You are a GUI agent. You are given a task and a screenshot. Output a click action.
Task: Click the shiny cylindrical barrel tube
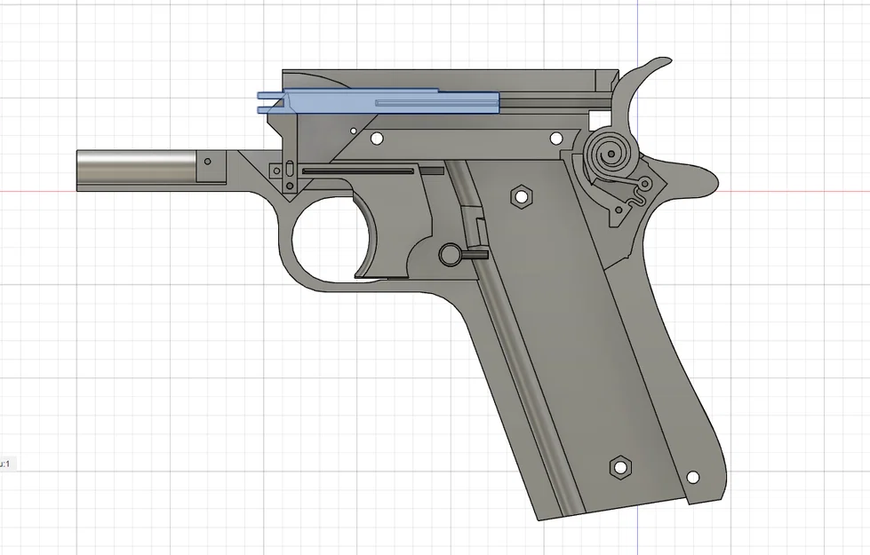pyautogui.click(x=133, y=168)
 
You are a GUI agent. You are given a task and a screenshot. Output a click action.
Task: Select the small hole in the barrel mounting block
pyautogui.click(x=208, y=162)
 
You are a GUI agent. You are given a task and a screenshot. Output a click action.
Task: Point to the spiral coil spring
pyautogui.click(x=611, y=156)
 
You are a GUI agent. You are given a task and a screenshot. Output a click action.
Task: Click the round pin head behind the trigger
pyautogui.click(x=448, y=254)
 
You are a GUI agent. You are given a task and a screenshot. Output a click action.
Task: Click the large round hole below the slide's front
pyautogui.click(x=376, y=139)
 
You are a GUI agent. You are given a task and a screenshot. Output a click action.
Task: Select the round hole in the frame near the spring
pyautogui.click(x=556, y=139)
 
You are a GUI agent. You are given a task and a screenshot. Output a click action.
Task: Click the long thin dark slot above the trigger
pyautogui.click(x=360, y=169)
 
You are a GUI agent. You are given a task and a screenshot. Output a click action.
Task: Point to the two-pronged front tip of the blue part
pyautogui.click(x=265, y=102)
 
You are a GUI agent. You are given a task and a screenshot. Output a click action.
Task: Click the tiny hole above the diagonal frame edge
pyautogui.click(x=354, y=131)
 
